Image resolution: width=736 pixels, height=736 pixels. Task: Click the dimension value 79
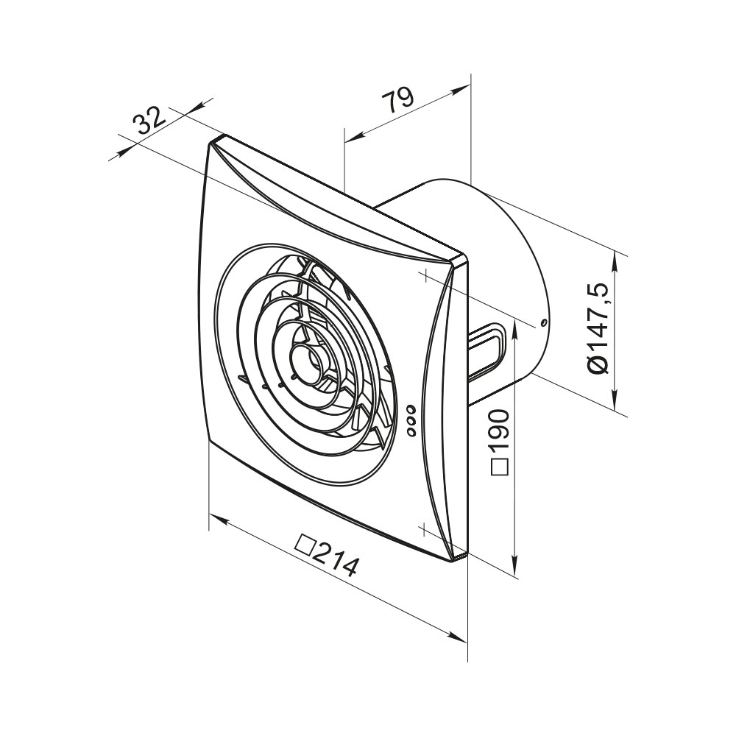pos(397,99)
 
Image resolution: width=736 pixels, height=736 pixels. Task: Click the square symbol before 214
pos(304,545)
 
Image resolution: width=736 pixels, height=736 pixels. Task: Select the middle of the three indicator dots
pos(411,420)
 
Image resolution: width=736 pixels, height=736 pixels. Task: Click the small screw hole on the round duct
pos(544,323)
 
